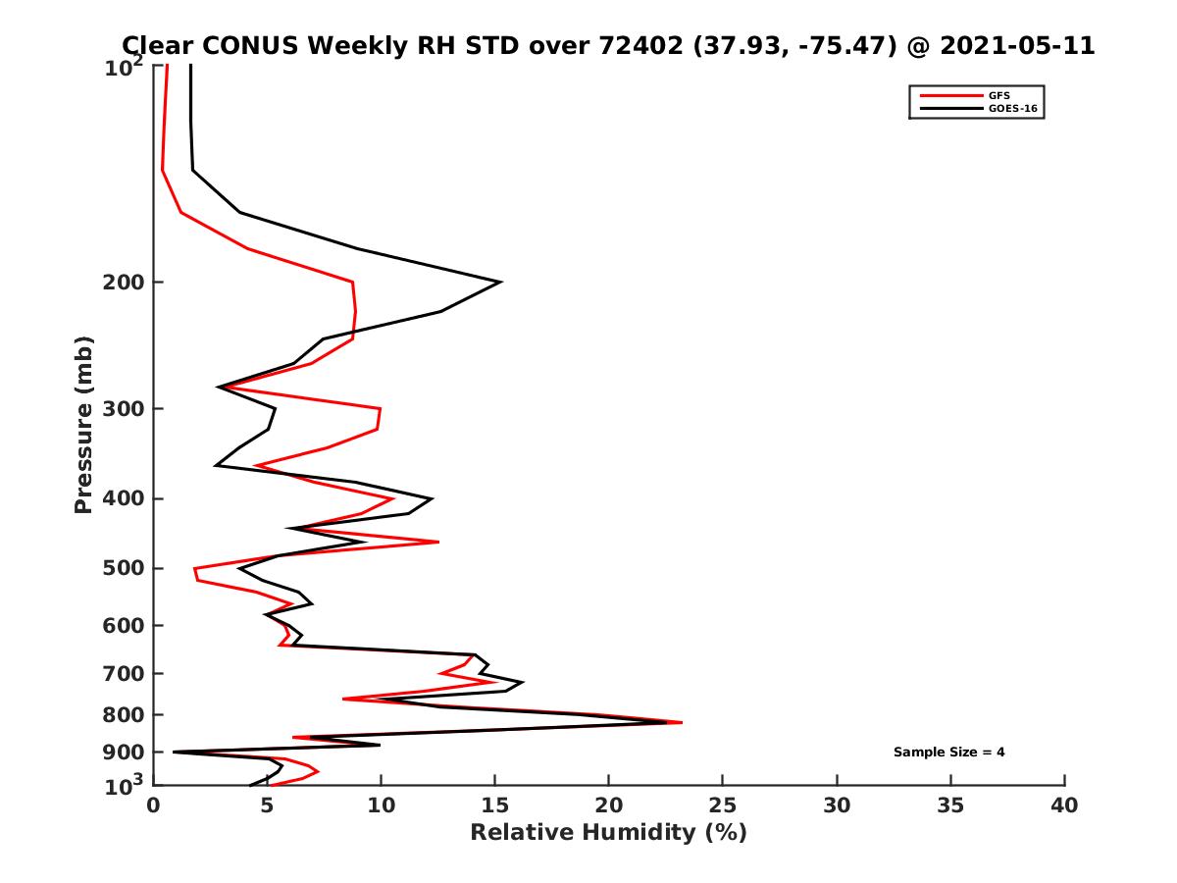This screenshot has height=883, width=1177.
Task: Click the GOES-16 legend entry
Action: (1012, 109)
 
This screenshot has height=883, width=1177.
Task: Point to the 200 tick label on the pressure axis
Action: (124, 283)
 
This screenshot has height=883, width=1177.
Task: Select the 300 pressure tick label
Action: (124, 408)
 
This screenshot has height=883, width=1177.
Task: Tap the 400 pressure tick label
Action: (124, 498)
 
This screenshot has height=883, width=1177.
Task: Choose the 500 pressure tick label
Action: (124, 568)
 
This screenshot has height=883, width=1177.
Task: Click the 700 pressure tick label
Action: (124, 673)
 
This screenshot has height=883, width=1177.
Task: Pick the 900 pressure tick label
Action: (124, 753)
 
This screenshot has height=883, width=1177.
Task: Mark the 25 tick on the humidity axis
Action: (723, 805)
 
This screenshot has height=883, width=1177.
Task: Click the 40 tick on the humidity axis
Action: (1064, 805)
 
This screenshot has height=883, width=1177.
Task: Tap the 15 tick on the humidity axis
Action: (495, 805)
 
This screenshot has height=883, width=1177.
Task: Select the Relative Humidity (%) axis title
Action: (608, 833)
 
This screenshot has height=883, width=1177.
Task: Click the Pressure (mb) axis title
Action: (83, 424)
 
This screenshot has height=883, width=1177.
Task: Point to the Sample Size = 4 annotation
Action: (948, 753)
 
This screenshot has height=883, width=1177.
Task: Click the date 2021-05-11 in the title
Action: (1014, 45)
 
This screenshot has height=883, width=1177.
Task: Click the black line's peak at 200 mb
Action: (501, 282)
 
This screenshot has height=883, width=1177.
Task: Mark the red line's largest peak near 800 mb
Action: (681, 722)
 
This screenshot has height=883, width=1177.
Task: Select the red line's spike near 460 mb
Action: (437, 542)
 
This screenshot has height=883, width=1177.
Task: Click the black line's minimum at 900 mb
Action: (175, 753)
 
